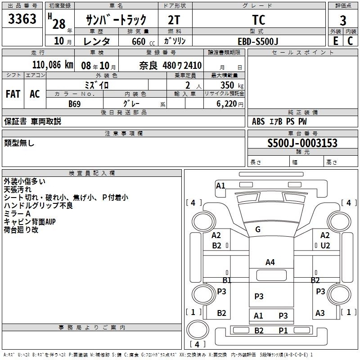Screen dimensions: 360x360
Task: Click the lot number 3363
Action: click(x=22, y=19)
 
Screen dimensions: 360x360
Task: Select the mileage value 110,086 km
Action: click(x=53, y=65)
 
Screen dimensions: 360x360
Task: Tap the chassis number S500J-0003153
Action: click(x=302, y=143)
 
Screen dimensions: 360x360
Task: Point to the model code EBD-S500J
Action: click(x=258, y=41)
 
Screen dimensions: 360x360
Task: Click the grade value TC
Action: click(x=259, y=20)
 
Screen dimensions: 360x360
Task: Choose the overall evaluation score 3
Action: click(x=343, y=21)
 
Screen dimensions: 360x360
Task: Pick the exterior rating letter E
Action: click(x=335, y=41)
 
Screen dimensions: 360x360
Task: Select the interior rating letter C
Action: click(x=350, y=41)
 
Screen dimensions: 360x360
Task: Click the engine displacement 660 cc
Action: click(x=143, y=41)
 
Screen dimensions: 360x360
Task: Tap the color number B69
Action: click(x=75, y=104)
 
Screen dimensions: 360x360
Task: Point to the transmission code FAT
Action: click(x=13, y=94)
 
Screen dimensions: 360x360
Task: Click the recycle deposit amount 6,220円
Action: click(x=230, y=104)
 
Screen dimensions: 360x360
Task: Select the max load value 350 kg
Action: click(x=232, y=85)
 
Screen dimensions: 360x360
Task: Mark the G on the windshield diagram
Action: click(x=258, y=229)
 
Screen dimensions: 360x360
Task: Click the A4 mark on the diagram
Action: click(x=270, y=262)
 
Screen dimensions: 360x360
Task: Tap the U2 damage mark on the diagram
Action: click(x=325, y=246)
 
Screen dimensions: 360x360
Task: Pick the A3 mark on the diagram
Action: click(x=320, y=313)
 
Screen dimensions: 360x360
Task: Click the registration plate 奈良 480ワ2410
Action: click(x=171, y=66)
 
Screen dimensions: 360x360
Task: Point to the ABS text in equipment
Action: click(x=258, y=121)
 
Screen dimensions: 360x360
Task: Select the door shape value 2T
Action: click(x=174, y=20)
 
